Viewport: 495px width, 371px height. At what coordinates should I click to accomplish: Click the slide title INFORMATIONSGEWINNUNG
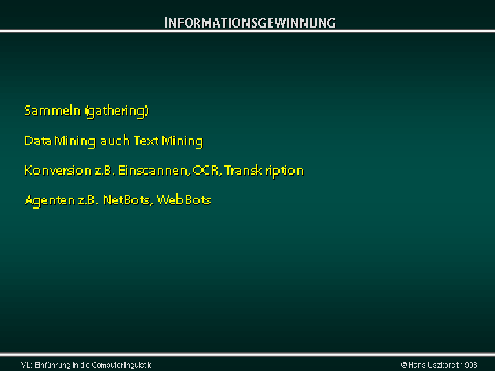250,23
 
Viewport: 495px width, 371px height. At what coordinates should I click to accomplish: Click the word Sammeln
52,111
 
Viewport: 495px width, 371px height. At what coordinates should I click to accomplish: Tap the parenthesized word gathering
117,112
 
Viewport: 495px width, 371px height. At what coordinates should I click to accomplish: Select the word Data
38,140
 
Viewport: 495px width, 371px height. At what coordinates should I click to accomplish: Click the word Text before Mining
146,140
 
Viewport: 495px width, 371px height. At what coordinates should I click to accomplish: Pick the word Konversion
58,171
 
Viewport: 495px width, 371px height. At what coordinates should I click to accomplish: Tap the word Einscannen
154,171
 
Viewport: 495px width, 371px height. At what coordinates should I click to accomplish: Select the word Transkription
264,171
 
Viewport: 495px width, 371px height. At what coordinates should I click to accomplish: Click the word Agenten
50,200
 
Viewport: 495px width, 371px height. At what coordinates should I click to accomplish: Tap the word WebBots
184,200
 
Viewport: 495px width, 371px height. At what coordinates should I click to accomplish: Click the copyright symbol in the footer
403,365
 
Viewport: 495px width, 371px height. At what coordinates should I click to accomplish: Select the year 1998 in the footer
469,365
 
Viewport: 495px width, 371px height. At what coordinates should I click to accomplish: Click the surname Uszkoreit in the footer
443,365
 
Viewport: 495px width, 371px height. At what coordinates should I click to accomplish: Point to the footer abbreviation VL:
27,365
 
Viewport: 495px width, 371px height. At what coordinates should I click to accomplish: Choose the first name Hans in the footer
417,365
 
